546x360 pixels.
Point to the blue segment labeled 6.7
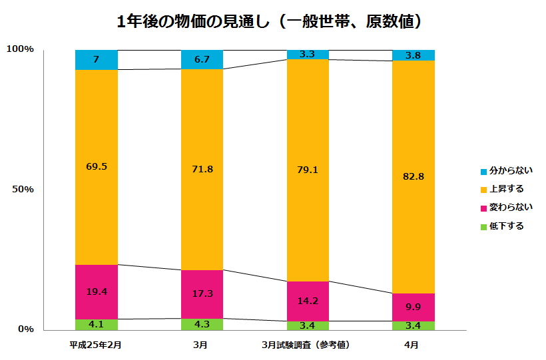click(202, 59)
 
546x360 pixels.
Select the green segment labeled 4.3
click(202, 324)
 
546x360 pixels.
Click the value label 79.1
click(308, 170)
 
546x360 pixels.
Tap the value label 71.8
click(202, 169)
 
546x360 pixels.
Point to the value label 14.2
click(308, 300)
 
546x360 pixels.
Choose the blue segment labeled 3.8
click(413, 55)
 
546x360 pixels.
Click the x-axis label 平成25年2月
click(96, 345)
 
